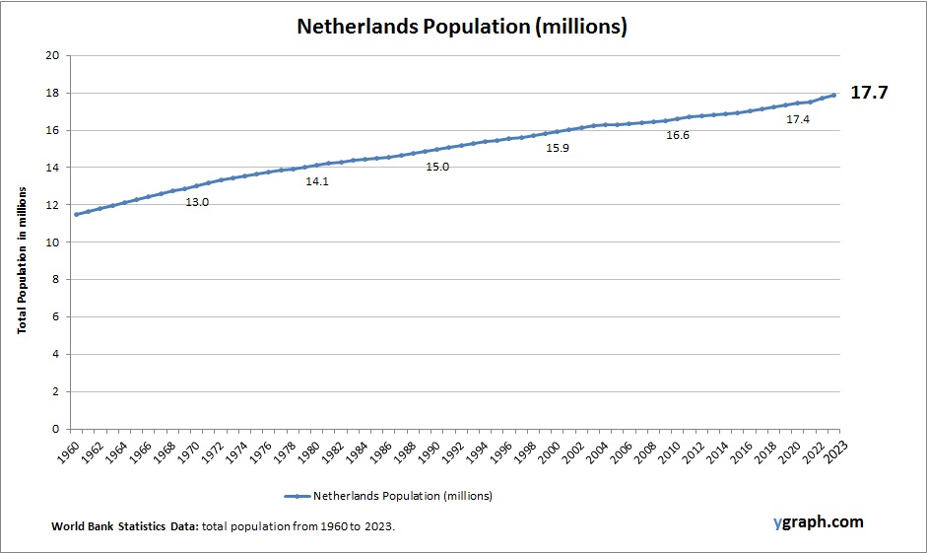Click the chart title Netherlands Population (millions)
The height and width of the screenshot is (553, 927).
coord(462,27)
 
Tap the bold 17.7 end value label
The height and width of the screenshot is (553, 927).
coord(869,94)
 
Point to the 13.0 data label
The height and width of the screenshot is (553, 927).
coord(197,202)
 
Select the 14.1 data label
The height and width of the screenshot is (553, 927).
coord(317,181)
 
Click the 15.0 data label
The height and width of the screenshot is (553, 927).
coord(437,167)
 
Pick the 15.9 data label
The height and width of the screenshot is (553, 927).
coord(558,148)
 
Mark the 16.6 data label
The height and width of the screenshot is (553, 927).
coord(678,135)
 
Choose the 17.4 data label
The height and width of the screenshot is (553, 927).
coord(798,119)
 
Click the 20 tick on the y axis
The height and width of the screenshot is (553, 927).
coord(52,56)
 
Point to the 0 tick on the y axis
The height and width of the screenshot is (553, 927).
coord(56,429)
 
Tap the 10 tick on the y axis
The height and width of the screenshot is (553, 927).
coord(52,242)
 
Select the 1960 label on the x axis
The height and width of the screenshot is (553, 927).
coord(69,452)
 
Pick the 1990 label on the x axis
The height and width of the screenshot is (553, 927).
coord(430,452)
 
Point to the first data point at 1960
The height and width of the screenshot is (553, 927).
coord(76,214)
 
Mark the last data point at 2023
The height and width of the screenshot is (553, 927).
coord(834,95)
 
